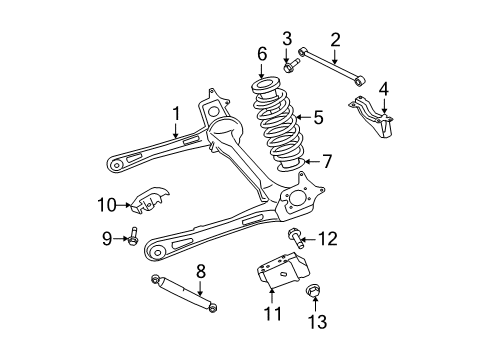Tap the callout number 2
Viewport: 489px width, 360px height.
click(x=335, y=39)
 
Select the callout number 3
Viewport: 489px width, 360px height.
click(x=286, y=39)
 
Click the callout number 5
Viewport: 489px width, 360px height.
click(x=318, y=118)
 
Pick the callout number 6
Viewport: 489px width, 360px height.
click(x=262, y=54)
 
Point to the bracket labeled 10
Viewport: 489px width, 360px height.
click(x=150, y=202)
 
